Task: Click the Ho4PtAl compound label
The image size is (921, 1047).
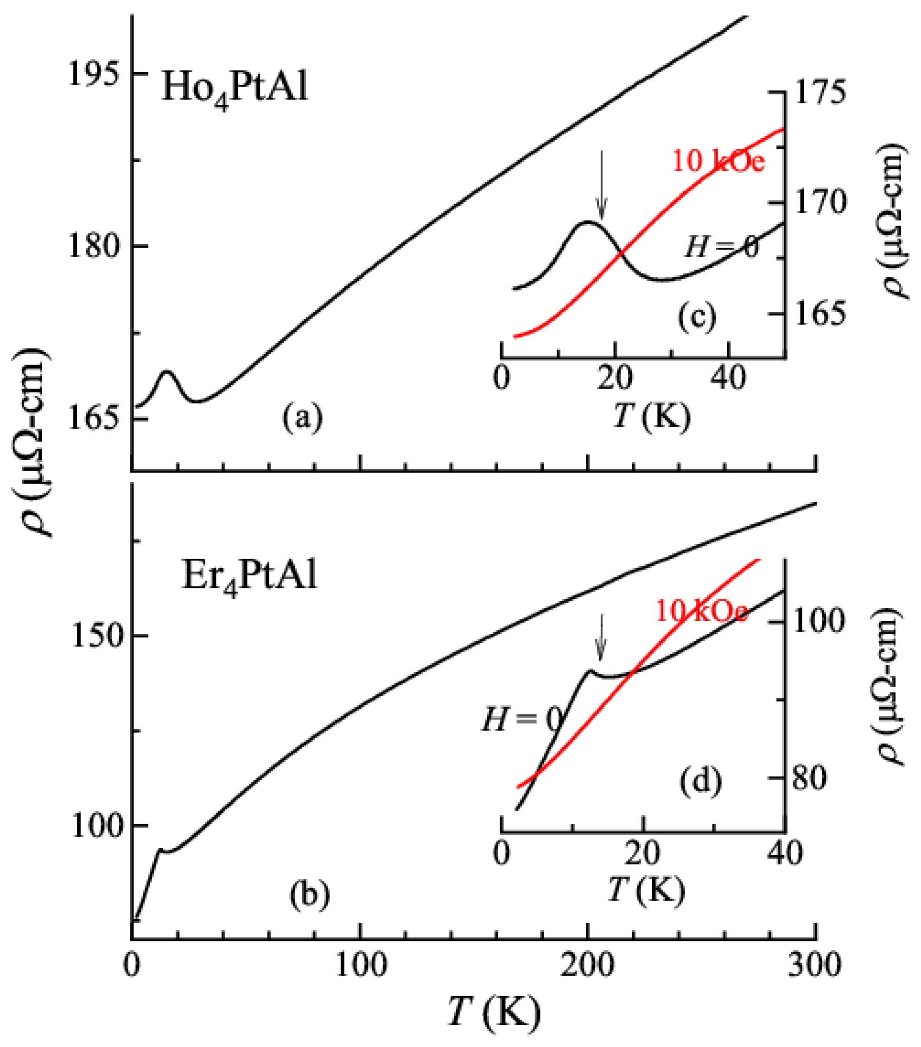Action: (x=234, y=88)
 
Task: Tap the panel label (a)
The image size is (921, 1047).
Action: (x=302, y=416)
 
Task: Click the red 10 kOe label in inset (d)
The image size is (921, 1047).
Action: (x=701, y=612)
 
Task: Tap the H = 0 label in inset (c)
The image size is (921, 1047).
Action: (x=721, y=248)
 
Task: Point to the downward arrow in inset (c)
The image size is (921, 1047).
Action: (x=602, y=184)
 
